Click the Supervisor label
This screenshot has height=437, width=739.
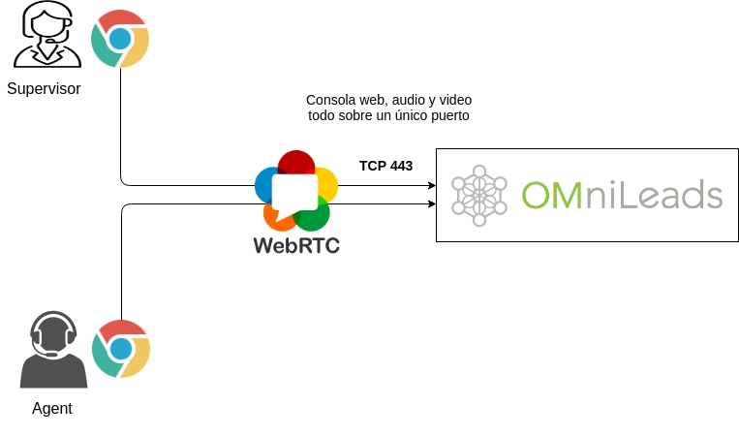point(44,89)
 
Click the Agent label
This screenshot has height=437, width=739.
point(52,409)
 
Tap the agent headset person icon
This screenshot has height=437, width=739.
point(53,350)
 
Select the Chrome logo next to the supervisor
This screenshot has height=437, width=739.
point(120,39)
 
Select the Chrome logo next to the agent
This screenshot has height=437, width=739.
point(121,349)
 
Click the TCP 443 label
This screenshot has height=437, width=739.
point(385,166)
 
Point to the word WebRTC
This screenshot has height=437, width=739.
point(296,245)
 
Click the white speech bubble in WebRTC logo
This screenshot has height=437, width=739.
point(294,195)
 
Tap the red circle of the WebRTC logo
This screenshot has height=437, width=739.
point(296,163)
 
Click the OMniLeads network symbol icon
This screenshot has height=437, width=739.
point(478,196)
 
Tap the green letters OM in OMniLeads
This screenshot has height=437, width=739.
point(553,195)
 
